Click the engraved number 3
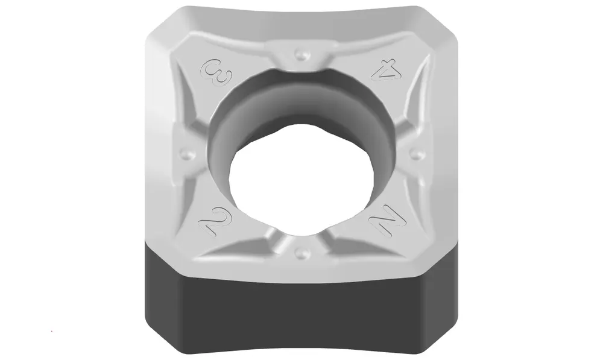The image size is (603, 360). (x=216, y=72)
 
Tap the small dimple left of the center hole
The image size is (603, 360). (x=188, y=154)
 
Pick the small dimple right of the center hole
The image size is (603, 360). (x=416, y=154)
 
